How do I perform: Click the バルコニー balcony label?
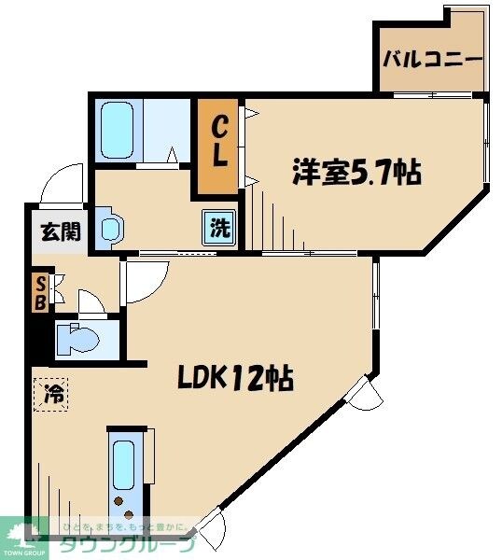point(432,59)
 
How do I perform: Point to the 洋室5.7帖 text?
point(356,173)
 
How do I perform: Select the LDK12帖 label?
point(236,378)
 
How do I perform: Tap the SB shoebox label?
point(40,291)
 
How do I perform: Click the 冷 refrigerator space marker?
point(52,394)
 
